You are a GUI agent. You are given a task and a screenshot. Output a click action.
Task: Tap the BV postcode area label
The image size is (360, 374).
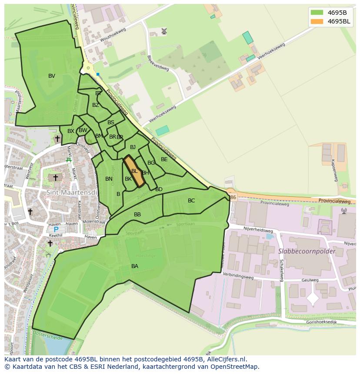(52, 76)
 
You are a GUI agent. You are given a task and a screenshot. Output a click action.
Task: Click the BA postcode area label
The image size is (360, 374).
(135, 266)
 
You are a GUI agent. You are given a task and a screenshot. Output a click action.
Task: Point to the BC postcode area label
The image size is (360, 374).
(191, 201)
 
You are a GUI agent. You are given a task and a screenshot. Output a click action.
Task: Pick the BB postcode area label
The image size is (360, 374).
(137, 215)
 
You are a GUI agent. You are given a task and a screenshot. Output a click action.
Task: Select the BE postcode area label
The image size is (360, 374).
(164, 159)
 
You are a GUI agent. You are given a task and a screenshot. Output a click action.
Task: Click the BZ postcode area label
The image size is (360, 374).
(96, 105)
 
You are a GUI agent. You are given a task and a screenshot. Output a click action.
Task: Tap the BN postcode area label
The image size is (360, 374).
(109, 179)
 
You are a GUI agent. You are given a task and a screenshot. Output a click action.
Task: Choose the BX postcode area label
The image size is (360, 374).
(71, 131)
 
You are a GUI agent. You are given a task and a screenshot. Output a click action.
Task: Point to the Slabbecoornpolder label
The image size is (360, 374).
(307, 252)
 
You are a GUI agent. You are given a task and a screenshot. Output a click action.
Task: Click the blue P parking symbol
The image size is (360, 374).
(56, 229)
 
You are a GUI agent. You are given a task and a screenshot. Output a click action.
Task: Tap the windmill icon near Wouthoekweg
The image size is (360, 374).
(164, 31)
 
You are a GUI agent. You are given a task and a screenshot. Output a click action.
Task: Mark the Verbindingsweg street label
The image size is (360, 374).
(237, 275)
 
